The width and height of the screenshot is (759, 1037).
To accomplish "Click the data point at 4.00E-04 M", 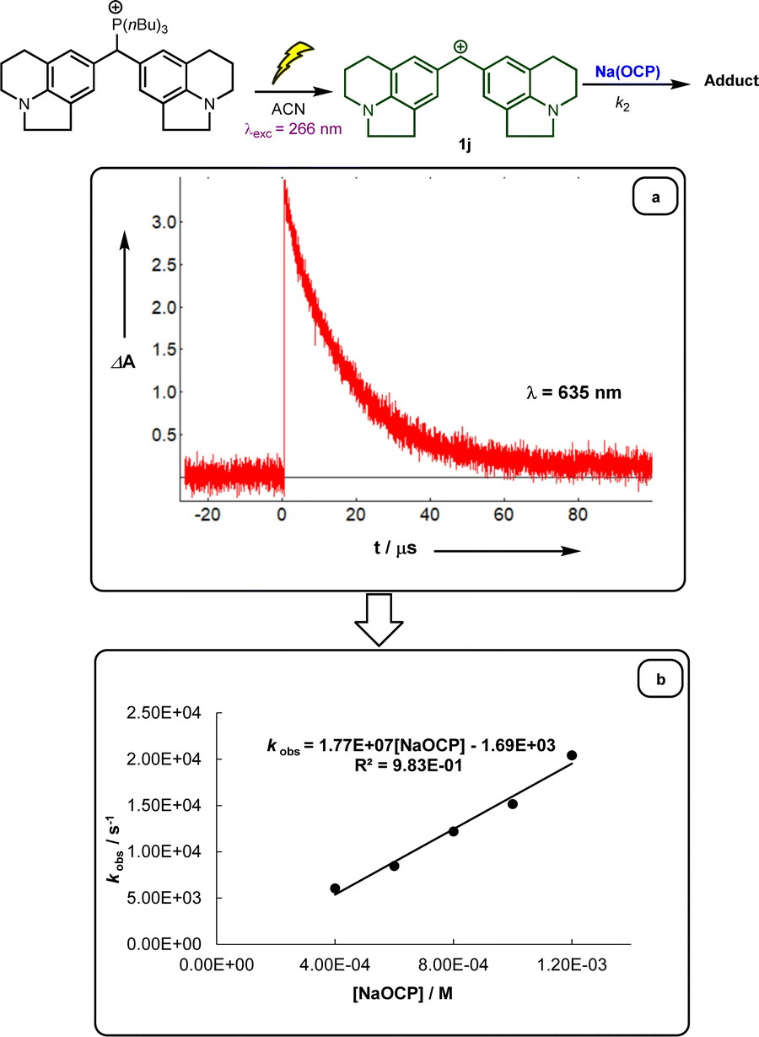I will coord(335,888).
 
